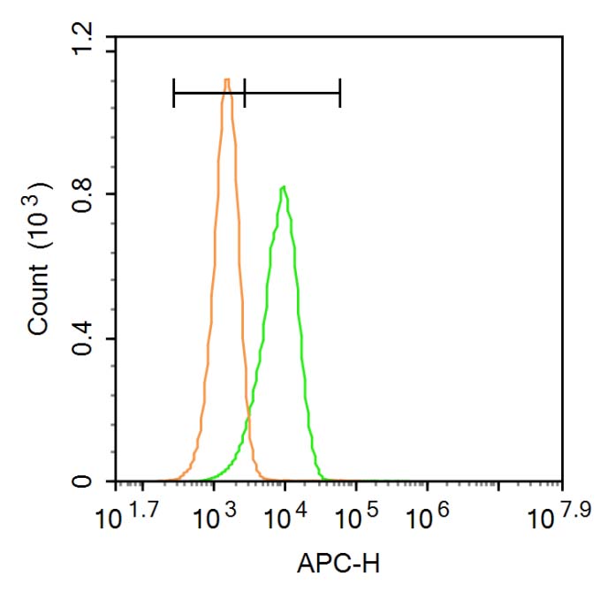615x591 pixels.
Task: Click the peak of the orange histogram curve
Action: pos(227,80)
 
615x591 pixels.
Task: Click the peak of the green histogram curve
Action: pos(283,187)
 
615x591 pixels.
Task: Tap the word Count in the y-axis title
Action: pos(39,304)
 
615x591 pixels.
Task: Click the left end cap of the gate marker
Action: pos(174,92)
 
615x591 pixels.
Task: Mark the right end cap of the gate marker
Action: pos(340,92)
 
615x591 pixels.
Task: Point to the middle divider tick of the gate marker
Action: pos(245,92)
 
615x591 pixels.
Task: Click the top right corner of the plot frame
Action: pos(563,37)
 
